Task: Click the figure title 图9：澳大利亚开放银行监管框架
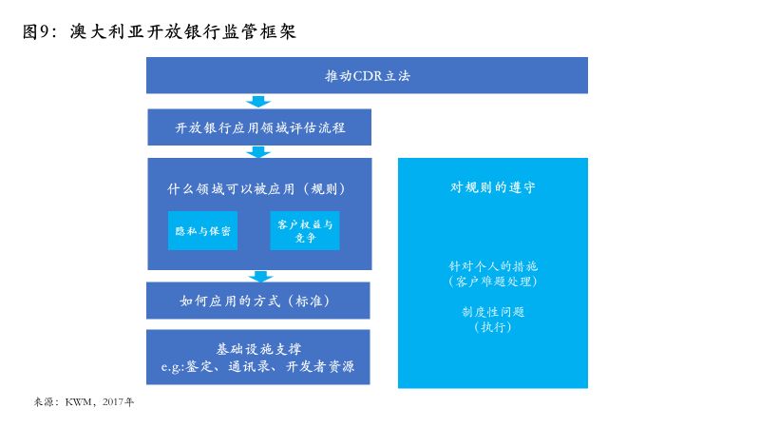coord(159,32)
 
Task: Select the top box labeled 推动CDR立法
coord(367,75)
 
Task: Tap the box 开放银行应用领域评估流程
coord(259,127)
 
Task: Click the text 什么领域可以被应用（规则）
coord(256,188)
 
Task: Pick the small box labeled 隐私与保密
coord(202,230)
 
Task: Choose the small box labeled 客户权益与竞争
coord(304,230)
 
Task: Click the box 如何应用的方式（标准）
coord(257,301)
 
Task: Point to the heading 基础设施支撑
coord(258,349)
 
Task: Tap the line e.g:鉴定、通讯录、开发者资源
coord(257,366)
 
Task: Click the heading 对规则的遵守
coord(492,187)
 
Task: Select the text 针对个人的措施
coord(493,266)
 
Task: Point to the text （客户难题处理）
coord(493,282)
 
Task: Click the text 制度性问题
coord(493,312)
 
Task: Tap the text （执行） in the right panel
coord(493,327)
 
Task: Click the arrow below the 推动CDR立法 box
coord(258,102)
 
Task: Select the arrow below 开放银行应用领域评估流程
coord(258,152)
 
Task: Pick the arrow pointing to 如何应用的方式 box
coord(260,277)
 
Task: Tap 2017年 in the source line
coord(118,401)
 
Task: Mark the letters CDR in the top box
coord(368,76)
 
